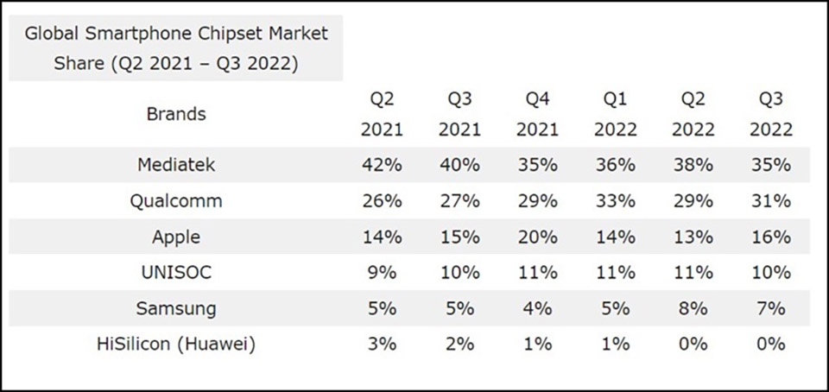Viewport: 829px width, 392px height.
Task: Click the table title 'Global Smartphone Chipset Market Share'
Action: (176, 48)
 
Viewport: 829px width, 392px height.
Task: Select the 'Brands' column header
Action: (176, 114)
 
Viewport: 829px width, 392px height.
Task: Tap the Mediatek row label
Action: (176, 165)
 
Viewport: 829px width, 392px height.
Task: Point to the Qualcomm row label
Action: (176, 201)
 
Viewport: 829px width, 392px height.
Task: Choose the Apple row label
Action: (176, 237)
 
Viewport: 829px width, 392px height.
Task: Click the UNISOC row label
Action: (176, 273)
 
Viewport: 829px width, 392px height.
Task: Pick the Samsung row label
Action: (176, 308)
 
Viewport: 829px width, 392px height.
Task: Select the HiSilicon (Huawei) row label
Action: (176, 345)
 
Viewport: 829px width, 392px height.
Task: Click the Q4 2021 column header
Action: (537, 114)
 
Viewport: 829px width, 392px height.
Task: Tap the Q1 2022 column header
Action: (615, 114)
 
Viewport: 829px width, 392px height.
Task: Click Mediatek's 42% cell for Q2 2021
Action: (382, 165)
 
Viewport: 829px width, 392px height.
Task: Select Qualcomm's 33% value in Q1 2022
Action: (615, 201)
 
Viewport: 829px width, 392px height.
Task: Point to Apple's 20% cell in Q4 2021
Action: (537, 237)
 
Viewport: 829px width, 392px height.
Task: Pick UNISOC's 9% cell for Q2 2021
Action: (382, 273)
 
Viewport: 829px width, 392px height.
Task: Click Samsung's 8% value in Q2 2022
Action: (693, 308)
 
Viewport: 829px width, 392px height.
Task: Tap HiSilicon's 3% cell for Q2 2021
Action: (382, 345)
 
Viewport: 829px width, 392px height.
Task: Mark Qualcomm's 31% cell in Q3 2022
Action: (770, 201)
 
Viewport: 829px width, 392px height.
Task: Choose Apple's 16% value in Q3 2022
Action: (770, 237)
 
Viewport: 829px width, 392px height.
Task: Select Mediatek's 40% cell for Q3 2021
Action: (459, 165)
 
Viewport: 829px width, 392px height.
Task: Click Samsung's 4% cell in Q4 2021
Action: (537, 308)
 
